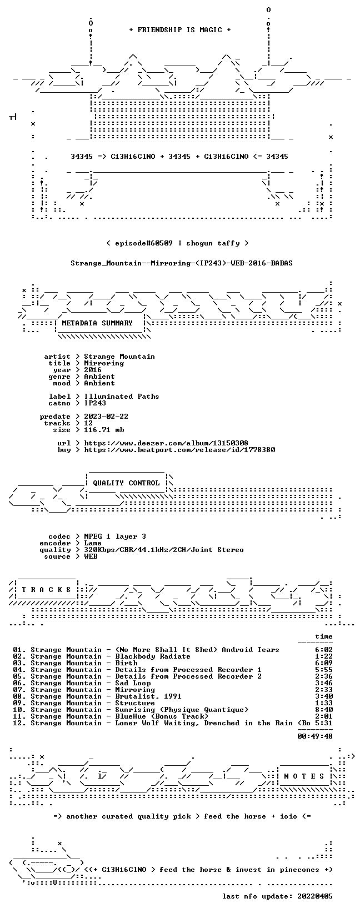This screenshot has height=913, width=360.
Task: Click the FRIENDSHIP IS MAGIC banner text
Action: coord(180,30)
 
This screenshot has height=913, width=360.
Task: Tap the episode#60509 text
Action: coord(143,243)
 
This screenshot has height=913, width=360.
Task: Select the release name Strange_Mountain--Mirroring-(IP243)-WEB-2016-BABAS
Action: coord(182,263)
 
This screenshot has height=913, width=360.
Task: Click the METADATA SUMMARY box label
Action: coord(97,323)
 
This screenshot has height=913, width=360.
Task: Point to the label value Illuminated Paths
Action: coord(122,396)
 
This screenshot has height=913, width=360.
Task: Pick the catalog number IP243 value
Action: coord(95,403)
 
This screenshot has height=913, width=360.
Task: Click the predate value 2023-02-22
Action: coord(106,416)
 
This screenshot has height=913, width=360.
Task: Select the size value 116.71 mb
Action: coord(104,430)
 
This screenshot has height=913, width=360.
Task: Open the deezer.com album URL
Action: coord(166,443)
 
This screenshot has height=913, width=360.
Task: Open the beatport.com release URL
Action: coord(179,450)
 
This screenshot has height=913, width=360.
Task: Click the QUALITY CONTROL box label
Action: coord(126,483)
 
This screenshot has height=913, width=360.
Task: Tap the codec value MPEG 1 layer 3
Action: coord(115,536)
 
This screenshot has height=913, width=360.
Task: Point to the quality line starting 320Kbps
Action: coord(164,550)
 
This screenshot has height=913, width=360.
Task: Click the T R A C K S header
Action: coord(46,589)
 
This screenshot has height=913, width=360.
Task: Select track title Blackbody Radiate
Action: coord(152,656)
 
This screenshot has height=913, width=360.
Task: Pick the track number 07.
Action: coord(18,690)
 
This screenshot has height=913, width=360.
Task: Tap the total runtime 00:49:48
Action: coord(315,736)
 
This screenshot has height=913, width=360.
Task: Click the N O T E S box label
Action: coord(304,776)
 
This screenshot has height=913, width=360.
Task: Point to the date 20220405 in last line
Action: coord(315,896)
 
